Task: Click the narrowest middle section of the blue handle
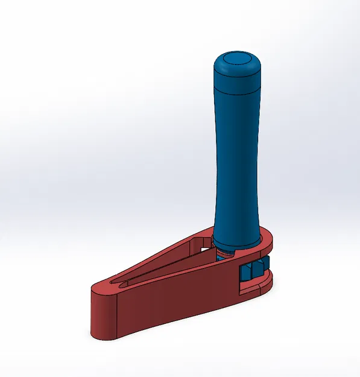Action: click(x=236, y=163)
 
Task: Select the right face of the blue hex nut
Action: click(x=261, y=268)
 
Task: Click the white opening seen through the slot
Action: click(x=202, y=244)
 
